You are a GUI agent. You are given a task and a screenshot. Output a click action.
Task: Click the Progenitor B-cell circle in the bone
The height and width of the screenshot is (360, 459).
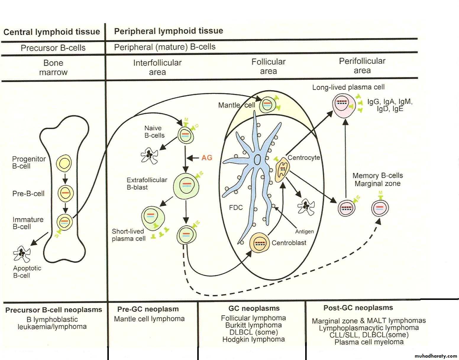(64, 163)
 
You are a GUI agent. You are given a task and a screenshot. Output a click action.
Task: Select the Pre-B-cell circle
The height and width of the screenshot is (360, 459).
(65, 193)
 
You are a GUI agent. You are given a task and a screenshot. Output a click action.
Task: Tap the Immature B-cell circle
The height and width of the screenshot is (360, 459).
(64, 221)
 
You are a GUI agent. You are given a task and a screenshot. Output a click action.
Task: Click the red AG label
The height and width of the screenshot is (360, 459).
(207, 158)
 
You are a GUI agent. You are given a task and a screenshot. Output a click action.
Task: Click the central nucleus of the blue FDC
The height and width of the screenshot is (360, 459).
(258, 160)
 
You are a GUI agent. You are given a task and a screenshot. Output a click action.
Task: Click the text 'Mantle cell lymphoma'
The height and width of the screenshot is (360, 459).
(149, 319)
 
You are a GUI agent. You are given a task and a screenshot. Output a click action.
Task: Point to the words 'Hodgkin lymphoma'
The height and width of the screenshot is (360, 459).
(253, 339)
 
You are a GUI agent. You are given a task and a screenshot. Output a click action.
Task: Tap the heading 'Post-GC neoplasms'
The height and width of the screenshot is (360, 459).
(358, 308)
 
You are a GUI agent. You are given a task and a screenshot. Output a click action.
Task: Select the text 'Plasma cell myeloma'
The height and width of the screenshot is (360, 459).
(369, 342)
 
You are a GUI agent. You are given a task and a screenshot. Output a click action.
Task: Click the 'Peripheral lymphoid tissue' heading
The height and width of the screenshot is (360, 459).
(169, 31)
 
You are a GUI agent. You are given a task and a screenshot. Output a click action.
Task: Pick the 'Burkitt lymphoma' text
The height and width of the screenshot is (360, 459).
(253, 325)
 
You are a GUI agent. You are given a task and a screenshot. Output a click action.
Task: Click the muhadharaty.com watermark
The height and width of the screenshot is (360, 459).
(436, 356)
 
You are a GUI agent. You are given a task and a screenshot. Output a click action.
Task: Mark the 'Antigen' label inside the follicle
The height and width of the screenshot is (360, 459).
(304, 232)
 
